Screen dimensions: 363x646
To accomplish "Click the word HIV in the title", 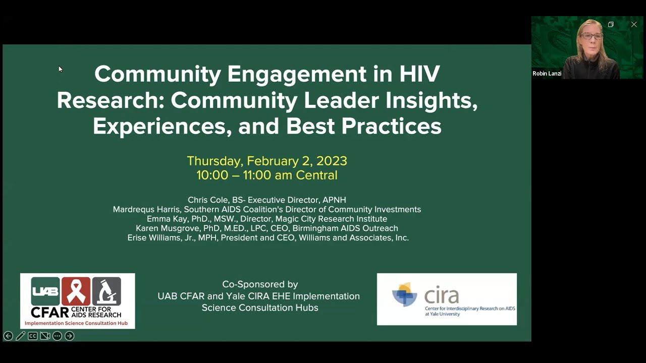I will pos(419,74).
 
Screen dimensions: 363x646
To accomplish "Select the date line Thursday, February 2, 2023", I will pos(266,161).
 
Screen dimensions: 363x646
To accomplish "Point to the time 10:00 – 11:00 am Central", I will pos(266,175).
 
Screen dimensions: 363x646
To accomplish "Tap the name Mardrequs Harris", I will pos(146,209).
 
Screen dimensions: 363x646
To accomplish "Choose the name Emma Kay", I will pos(166,219).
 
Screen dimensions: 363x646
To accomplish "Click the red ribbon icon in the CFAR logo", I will pos(76,291).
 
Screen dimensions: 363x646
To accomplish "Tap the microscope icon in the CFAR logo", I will pos(106,291).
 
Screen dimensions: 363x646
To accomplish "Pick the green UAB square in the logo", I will pos(45,291).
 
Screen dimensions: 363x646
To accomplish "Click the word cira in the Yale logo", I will pos(441,295).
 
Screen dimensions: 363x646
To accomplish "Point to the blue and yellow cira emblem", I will pos(405,294).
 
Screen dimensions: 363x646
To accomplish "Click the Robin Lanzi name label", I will pos(547,74).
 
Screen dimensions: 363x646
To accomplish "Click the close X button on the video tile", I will pos(634,24).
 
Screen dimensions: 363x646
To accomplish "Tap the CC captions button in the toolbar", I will pos(33,336).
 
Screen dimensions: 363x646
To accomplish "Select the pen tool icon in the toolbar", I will pos(21,336).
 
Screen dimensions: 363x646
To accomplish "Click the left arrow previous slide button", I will pos(8,336).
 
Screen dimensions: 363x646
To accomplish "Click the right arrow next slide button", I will pos(70,336).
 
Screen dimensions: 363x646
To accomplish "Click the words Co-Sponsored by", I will pos(260,284).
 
